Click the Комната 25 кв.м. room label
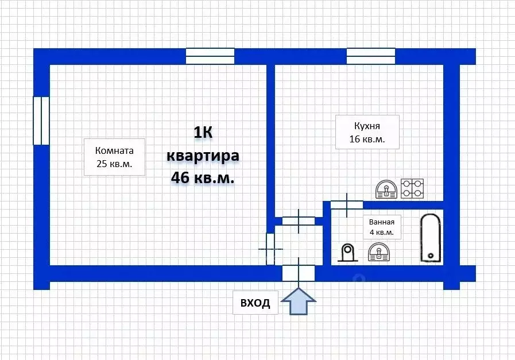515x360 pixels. click(x=114, y=157)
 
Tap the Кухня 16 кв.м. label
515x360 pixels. click(x=367, y=132)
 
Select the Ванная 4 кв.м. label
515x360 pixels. click(x=381, y=227)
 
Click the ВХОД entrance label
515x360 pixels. click(x=255, y=303)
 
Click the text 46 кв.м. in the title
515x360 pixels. click(x=203, y=177)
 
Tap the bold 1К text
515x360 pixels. click(x=203, y=133)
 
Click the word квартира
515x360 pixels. click(x=203, y=156)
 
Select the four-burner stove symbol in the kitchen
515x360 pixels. click(x=413, y=188)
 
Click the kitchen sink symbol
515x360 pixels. click(x=386, y=189)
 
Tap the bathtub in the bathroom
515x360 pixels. click(x=430, y=238)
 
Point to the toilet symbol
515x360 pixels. click(x=347, y=253)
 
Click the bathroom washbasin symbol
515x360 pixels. click(x=379, y=252)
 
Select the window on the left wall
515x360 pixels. click(x=41, y=121)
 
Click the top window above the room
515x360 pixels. click(x=210, y=56)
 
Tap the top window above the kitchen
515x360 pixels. click(x=371, y=56)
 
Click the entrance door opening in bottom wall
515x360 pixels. click(x=299, y=274)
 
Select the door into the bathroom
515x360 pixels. click(x=347, y=205)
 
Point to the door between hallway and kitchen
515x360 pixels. click(x=299, y=221)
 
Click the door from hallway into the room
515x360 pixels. click(x=270, y=249)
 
